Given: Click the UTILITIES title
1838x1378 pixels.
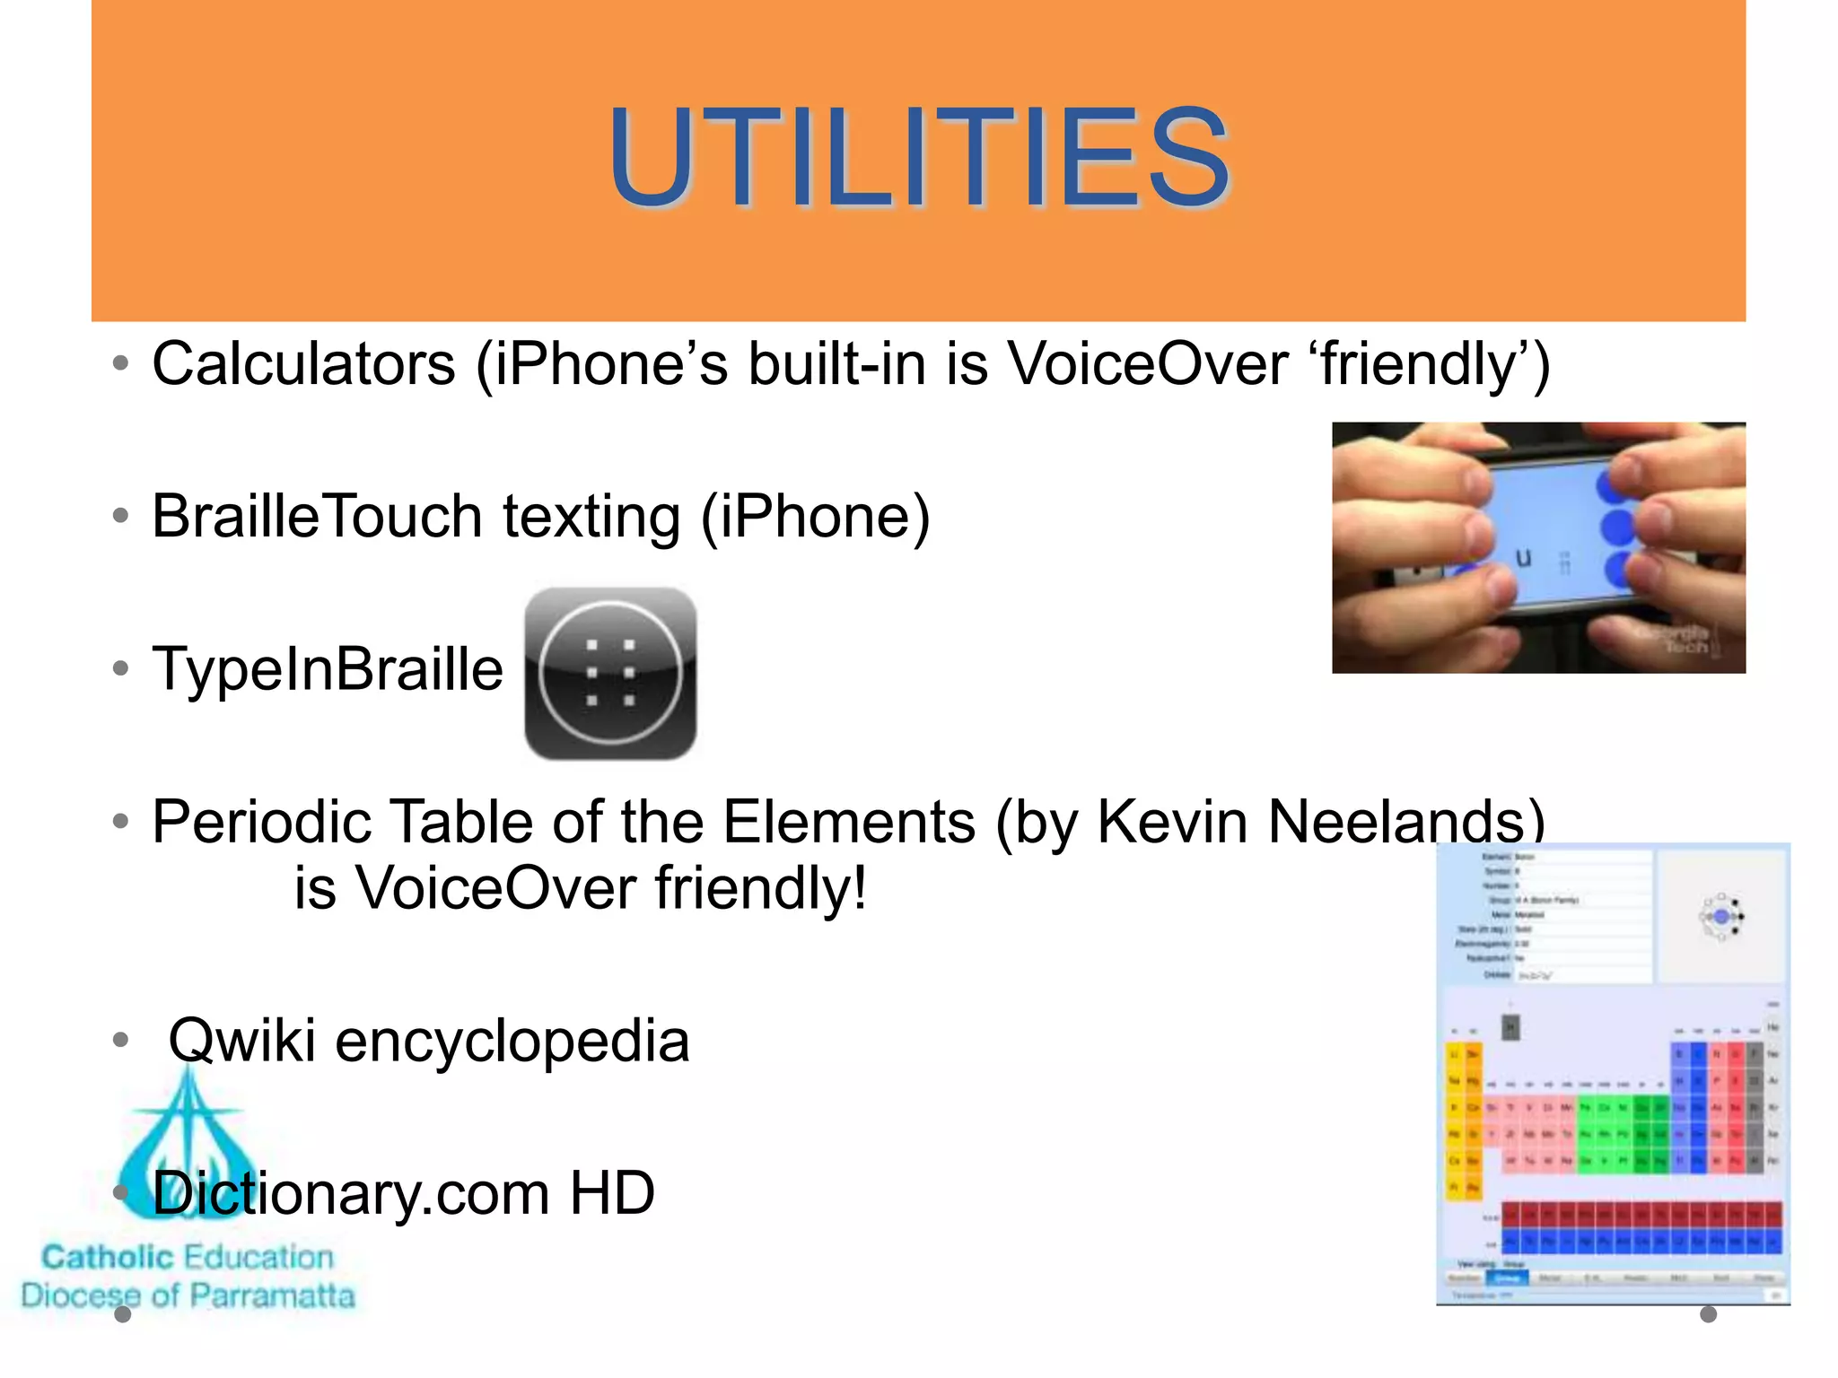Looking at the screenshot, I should [x=918, y=160].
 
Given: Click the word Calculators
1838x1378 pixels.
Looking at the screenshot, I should [x=304, y=364].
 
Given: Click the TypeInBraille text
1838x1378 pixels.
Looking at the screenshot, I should [x=328, y=669].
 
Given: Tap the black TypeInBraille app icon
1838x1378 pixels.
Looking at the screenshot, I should [x=610, y=674].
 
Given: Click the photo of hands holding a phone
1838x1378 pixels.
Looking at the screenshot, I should [x=1537, y=547].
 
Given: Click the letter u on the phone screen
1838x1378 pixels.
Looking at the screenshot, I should [x=1523, y=559].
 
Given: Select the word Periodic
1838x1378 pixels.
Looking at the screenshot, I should [x=261, y=822].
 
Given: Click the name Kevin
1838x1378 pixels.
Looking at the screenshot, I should [x=1172, y=822].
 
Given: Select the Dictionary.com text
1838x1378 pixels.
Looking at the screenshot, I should [x=350, y=1193].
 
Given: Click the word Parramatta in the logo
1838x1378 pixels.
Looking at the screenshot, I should [x=273, y=1295].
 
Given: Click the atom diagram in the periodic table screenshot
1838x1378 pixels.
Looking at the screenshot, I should [x=1720, y=917].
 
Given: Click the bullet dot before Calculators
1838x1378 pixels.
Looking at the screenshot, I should [x=120, y=364].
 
